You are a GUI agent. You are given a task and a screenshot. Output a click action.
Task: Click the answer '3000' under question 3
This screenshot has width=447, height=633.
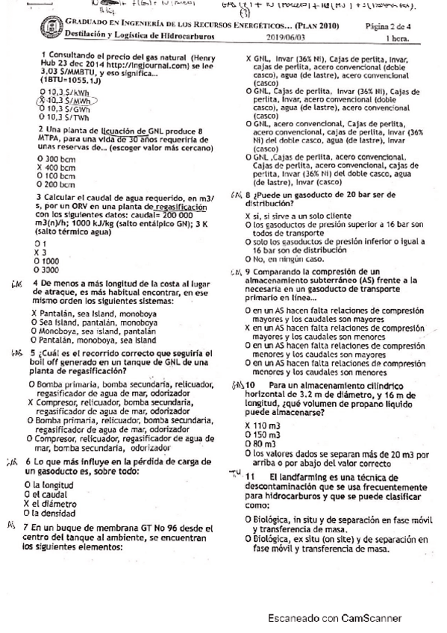coord(53,269)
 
